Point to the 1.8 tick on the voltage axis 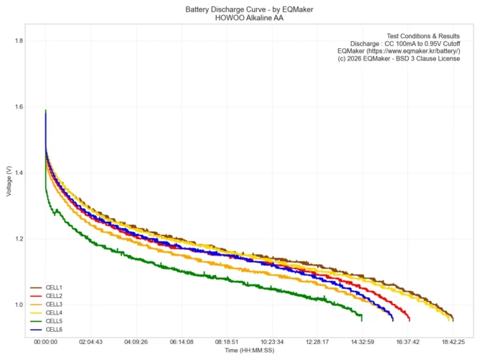tap(18, 41)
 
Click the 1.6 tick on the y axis tap(18, 107)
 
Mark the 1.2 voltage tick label tap(18, 239)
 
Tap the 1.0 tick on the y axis tap(18, 305)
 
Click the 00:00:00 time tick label tap(46, 342)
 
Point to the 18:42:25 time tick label tap(453, 342)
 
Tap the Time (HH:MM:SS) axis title tap(250, 351)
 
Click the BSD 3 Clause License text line tap(399, 59)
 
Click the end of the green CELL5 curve tap(362, 318)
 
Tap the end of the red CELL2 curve tap(409, 319)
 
